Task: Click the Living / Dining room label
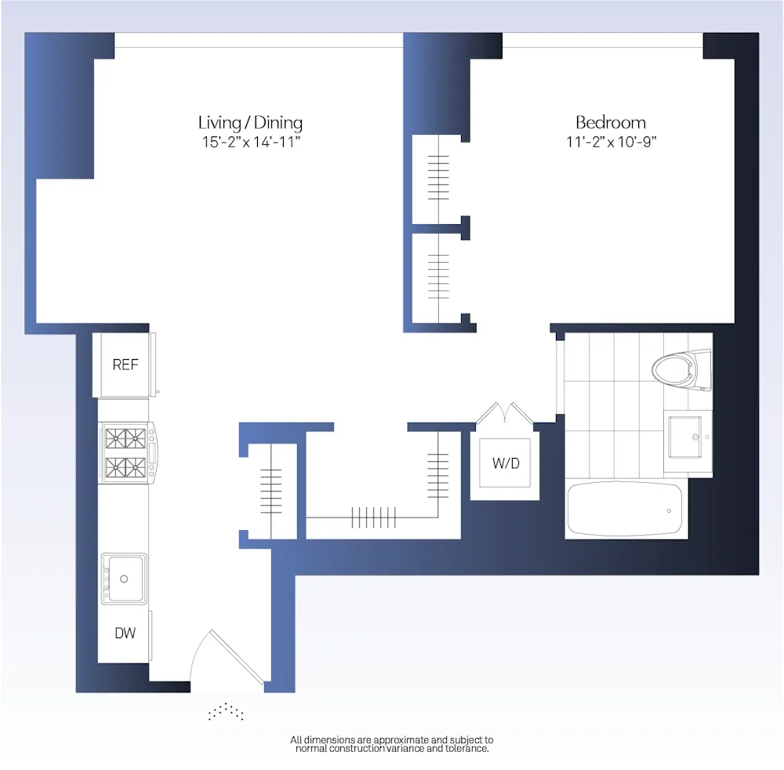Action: tap(250, 122)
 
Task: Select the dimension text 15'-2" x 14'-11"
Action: tap(250, 143)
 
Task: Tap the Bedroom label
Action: tap(610, 122)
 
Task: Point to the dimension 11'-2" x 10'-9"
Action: tap(610, 143)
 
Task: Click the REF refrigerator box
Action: tap(125, 365)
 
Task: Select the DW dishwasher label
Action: tap(125, 633)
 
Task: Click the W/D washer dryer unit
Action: tap(505, 463)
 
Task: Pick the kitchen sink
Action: tap(124, 579)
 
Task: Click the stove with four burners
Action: tap(126, 453)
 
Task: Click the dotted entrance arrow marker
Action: tap(226, 712)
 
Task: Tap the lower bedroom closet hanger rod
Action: tap(438, 277)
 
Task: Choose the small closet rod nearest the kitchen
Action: tap(270, 491)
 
